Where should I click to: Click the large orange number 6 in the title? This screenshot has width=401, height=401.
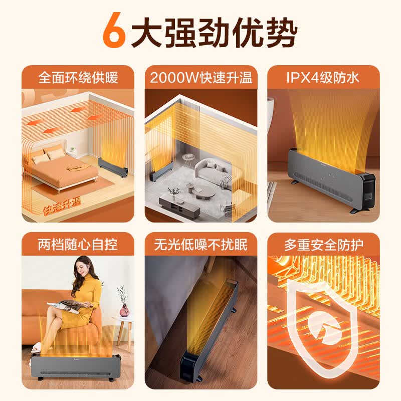point(114,31)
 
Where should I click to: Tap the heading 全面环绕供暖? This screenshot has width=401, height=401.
point(78,78)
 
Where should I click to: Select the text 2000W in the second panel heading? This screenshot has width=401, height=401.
point(174,78)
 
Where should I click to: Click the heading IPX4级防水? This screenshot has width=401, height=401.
point(322,78)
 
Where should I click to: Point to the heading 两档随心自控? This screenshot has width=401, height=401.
point(78,245)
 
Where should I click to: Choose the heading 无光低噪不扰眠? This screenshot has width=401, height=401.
point(201,245)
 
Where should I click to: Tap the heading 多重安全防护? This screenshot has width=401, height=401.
point(323,245)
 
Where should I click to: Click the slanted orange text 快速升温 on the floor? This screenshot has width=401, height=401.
point(62,207)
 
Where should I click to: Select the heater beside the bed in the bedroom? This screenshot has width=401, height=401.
point(113,168)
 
